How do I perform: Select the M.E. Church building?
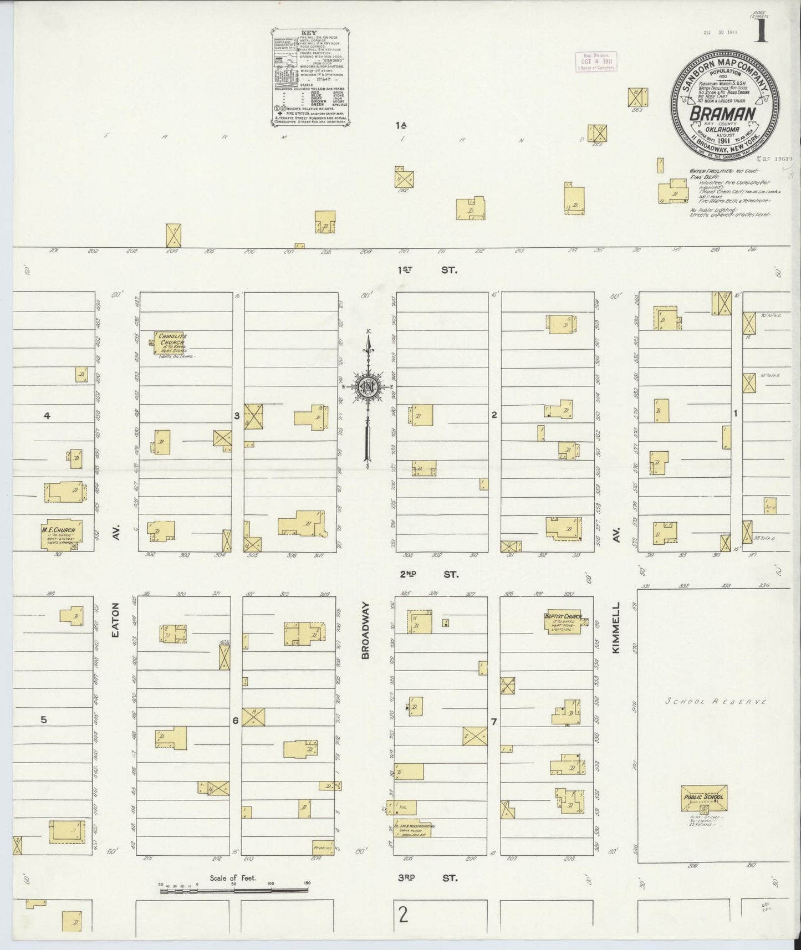pyautogui.click(x=62, y=533)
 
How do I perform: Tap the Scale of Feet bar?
pyautogui.click(x=234, y=891)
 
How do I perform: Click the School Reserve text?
pyautogui.click(x=716, y=702)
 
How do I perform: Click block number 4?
pyautogui.click(x=47, y=415)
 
